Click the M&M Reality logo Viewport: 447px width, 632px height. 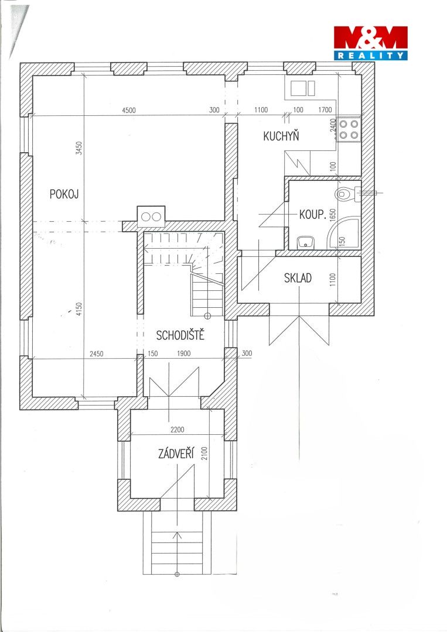coord(370,43)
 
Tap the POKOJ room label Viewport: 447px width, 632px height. coord(64,194)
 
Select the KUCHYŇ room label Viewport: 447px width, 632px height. coord(281,136)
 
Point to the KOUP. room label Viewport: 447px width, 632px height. coord(312,214)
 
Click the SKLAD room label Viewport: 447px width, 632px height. coord(298,278)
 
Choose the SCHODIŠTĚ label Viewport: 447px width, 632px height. coord(180,335)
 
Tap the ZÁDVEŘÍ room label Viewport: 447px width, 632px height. coord(176,454)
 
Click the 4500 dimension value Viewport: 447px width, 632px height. coord(129,110)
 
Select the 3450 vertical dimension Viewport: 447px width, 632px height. coord(80,148)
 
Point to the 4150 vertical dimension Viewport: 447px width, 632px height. coord(79,309)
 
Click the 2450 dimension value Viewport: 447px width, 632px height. coord(97,354)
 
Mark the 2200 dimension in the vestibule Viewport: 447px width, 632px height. coord(177,430)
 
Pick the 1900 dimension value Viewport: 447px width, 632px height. coord(183,353)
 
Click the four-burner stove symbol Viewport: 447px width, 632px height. coord(349,129)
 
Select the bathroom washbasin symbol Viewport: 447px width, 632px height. coord(306,242)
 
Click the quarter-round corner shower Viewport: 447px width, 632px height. coord(343,232)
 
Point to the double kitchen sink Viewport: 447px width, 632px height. coord(302,88)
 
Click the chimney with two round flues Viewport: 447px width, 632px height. coord(151,217)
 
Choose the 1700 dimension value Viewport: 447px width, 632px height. coord(325,109)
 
